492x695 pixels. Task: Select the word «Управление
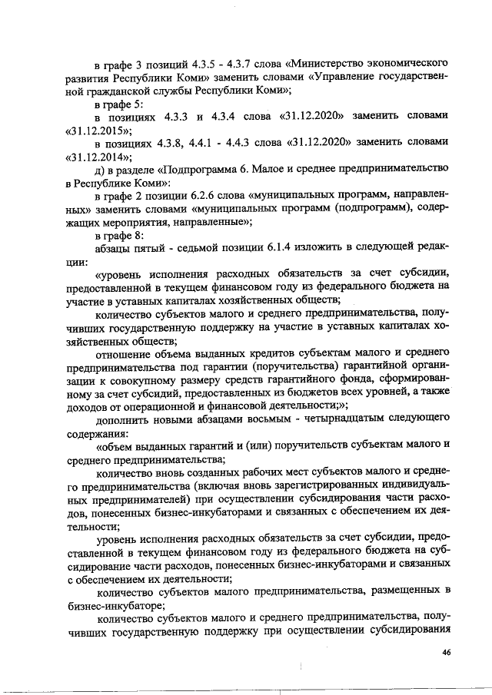[x=344, y=77]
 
